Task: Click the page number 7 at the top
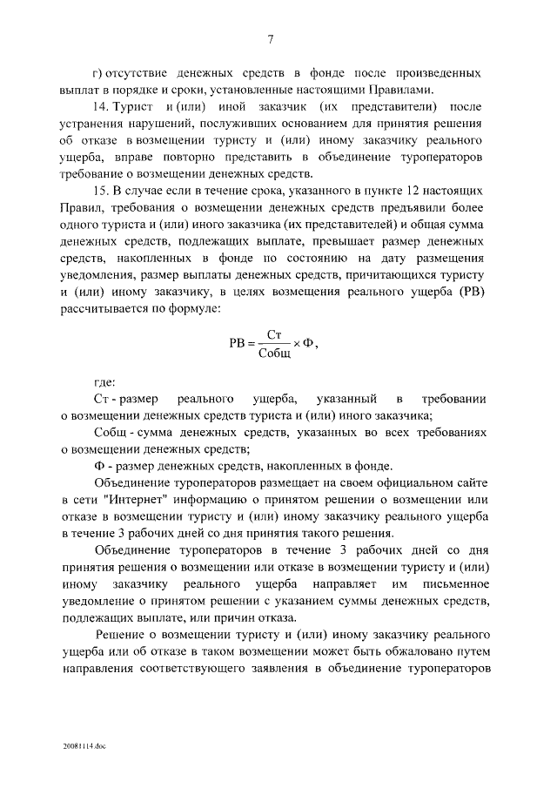click(x=272, y=39)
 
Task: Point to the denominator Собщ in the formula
click(x=277, y=352)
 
